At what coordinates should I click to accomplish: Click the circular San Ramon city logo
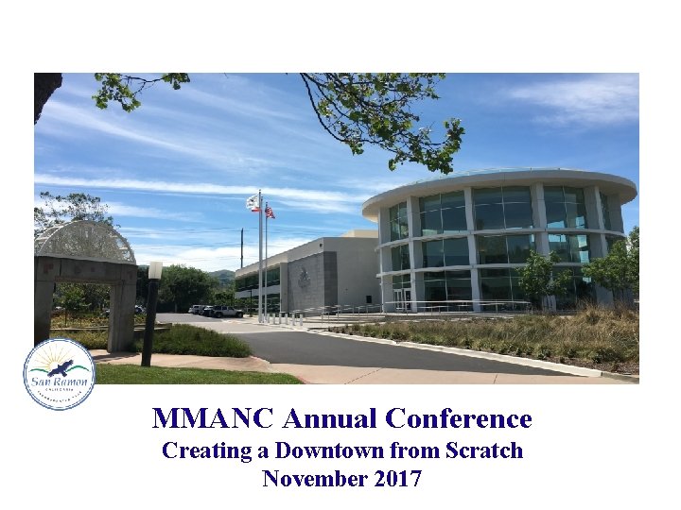(60, 374)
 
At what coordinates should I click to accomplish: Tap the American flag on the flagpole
(270, 211)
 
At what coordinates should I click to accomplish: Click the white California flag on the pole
(253, 202)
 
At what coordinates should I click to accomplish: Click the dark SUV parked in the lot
(226, 311)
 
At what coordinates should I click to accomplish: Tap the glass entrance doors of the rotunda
(404, 298)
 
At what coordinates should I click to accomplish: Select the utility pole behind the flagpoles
(241, 247)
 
